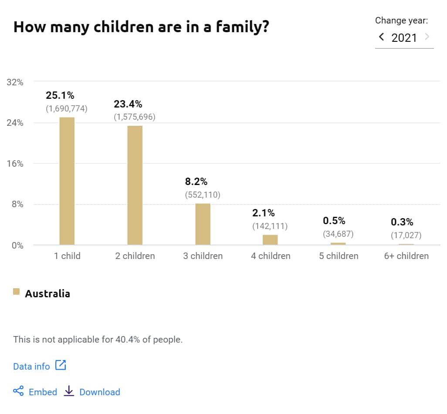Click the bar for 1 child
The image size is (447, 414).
[x=67, y=181]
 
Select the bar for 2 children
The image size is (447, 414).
[x=135, y=185]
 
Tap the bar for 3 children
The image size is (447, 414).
[x=203, y=224]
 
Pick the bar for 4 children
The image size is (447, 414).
[x=270, y=240]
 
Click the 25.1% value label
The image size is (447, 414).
[x=60, y=95]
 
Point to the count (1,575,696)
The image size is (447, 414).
[x=135, y=117]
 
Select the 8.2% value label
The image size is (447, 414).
[x=196, y=182]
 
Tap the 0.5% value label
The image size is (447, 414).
[x=334, y=221]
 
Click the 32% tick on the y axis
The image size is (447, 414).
[x=15, y=82]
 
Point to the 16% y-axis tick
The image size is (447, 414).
[x=15, y=164]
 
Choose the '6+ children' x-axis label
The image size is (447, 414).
[x=406, y=256]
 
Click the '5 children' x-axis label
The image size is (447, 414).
[x=339, y=256]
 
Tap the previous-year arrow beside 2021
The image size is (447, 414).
[x=382, y=37]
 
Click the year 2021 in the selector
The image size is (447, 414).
[x=404, y=38]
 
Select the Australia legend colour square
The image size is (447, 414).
[x=17, y=292]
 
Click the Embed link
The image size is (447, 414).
[x=43, y=392]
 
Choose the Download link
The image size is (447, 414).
[x=99, y=392]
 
